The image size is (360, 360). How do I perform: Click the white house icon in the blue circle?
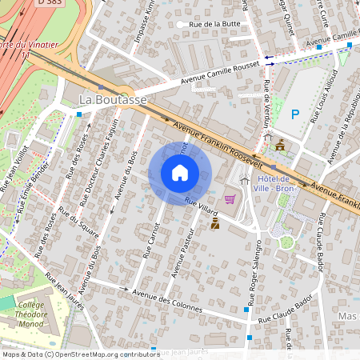pos(180,173)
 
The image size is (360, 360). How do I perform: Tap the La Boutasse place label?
pos(113,98)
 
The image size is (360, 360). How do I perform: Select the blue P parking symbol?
pos(295,114)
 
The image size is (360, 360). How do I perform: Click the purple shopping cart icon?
pos(230,198)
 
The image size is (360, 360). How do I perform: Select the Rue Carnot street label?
pos(150,240)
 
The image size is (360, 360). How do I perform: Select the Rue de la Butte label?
pos(214,25)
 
